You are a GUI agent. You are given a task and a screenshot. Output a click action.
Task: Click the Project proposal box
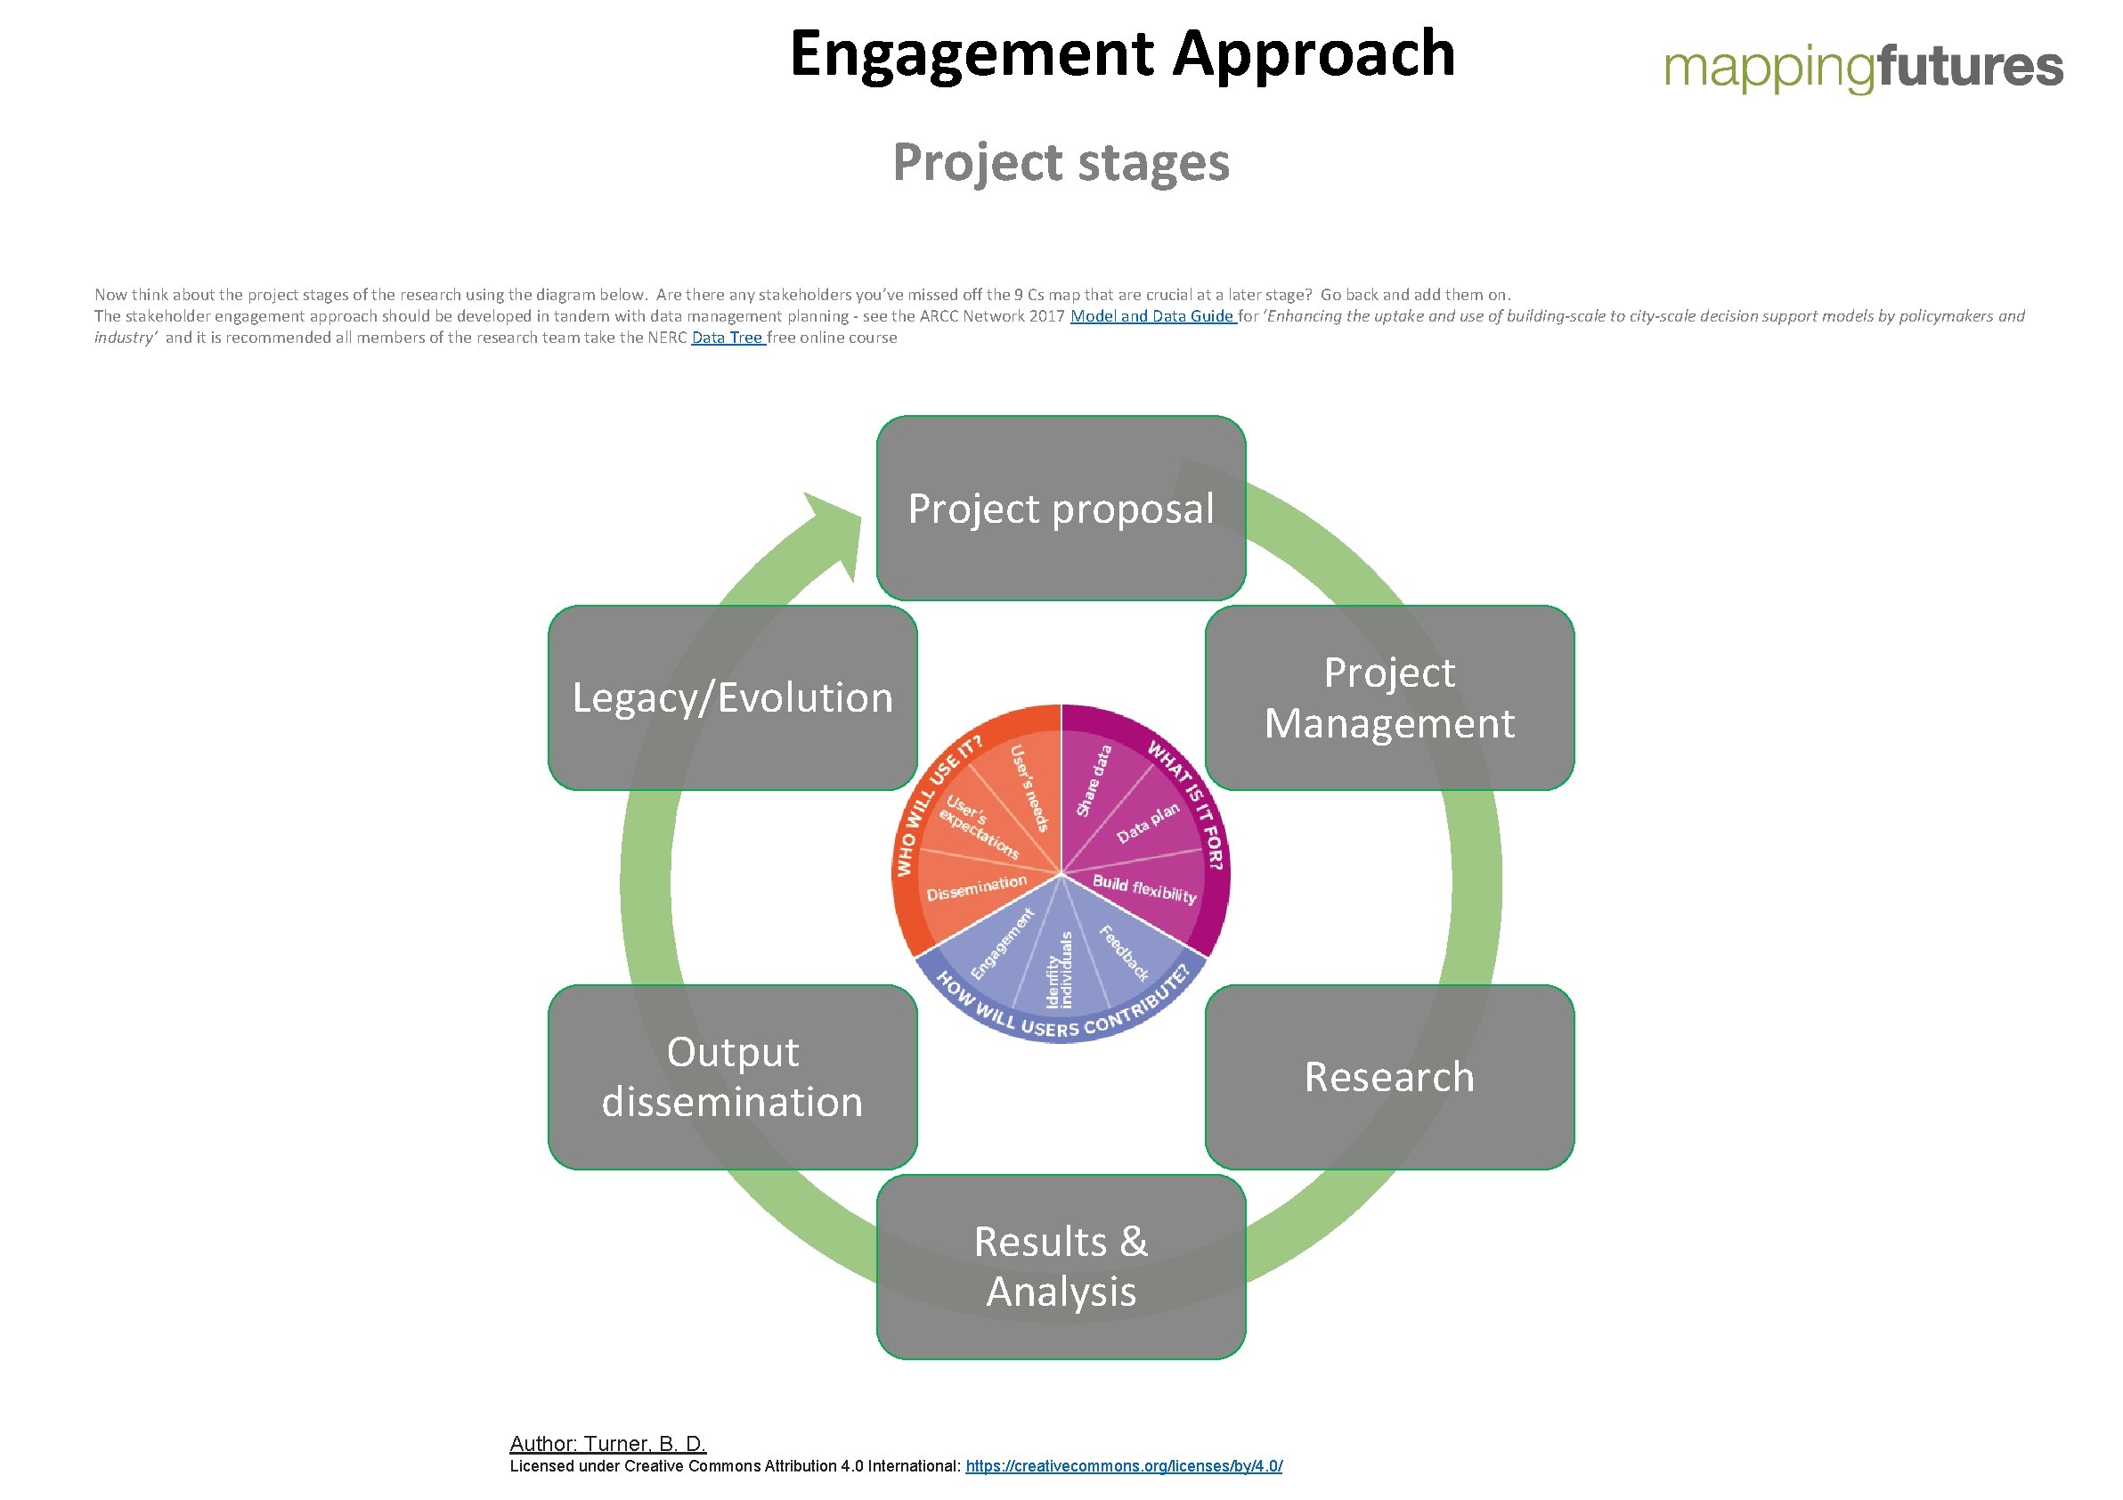(1061, 509)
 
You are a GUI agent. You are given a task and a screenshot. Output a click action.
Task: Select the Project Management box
(1389, 698)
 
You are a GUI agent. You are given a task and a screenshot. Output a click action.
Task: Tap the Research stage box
(1389, 1078)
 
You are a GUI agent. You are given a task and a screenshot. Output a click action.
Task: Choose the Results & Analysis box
(1061, 1267)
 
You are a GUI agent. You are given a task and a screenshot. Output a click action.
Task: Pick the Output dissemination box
(732, 1078)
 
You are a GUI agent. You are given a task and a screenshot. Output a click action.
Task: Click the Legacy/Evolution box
(732, 698)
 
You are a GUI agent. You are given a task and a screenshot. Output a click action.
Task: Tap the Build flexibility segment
(1144, 890)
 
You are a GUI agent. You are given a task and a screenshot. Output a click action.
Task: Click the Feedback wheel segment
(1124, 952)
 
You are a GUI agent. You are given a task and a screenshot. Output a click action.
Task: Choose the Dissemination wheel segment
(976, 888)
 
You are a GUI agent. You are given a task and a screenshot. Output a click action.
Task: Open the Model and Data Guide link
(1152, 316)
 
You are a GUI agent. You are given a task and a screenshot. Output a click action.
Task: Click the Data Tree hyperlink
(727, 338)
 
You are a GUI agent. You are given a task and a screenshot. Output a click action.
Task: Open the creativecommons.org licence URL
(1124, 1466)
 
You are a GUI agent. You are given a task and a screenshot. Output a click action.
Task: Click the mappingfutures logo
(1862, 67)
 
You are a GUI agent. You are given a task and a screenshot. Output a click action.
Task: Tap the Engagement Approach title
(1121, 53)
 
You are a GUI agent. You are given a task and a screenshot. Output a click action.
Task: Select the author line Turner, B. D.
(607, 1443)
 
